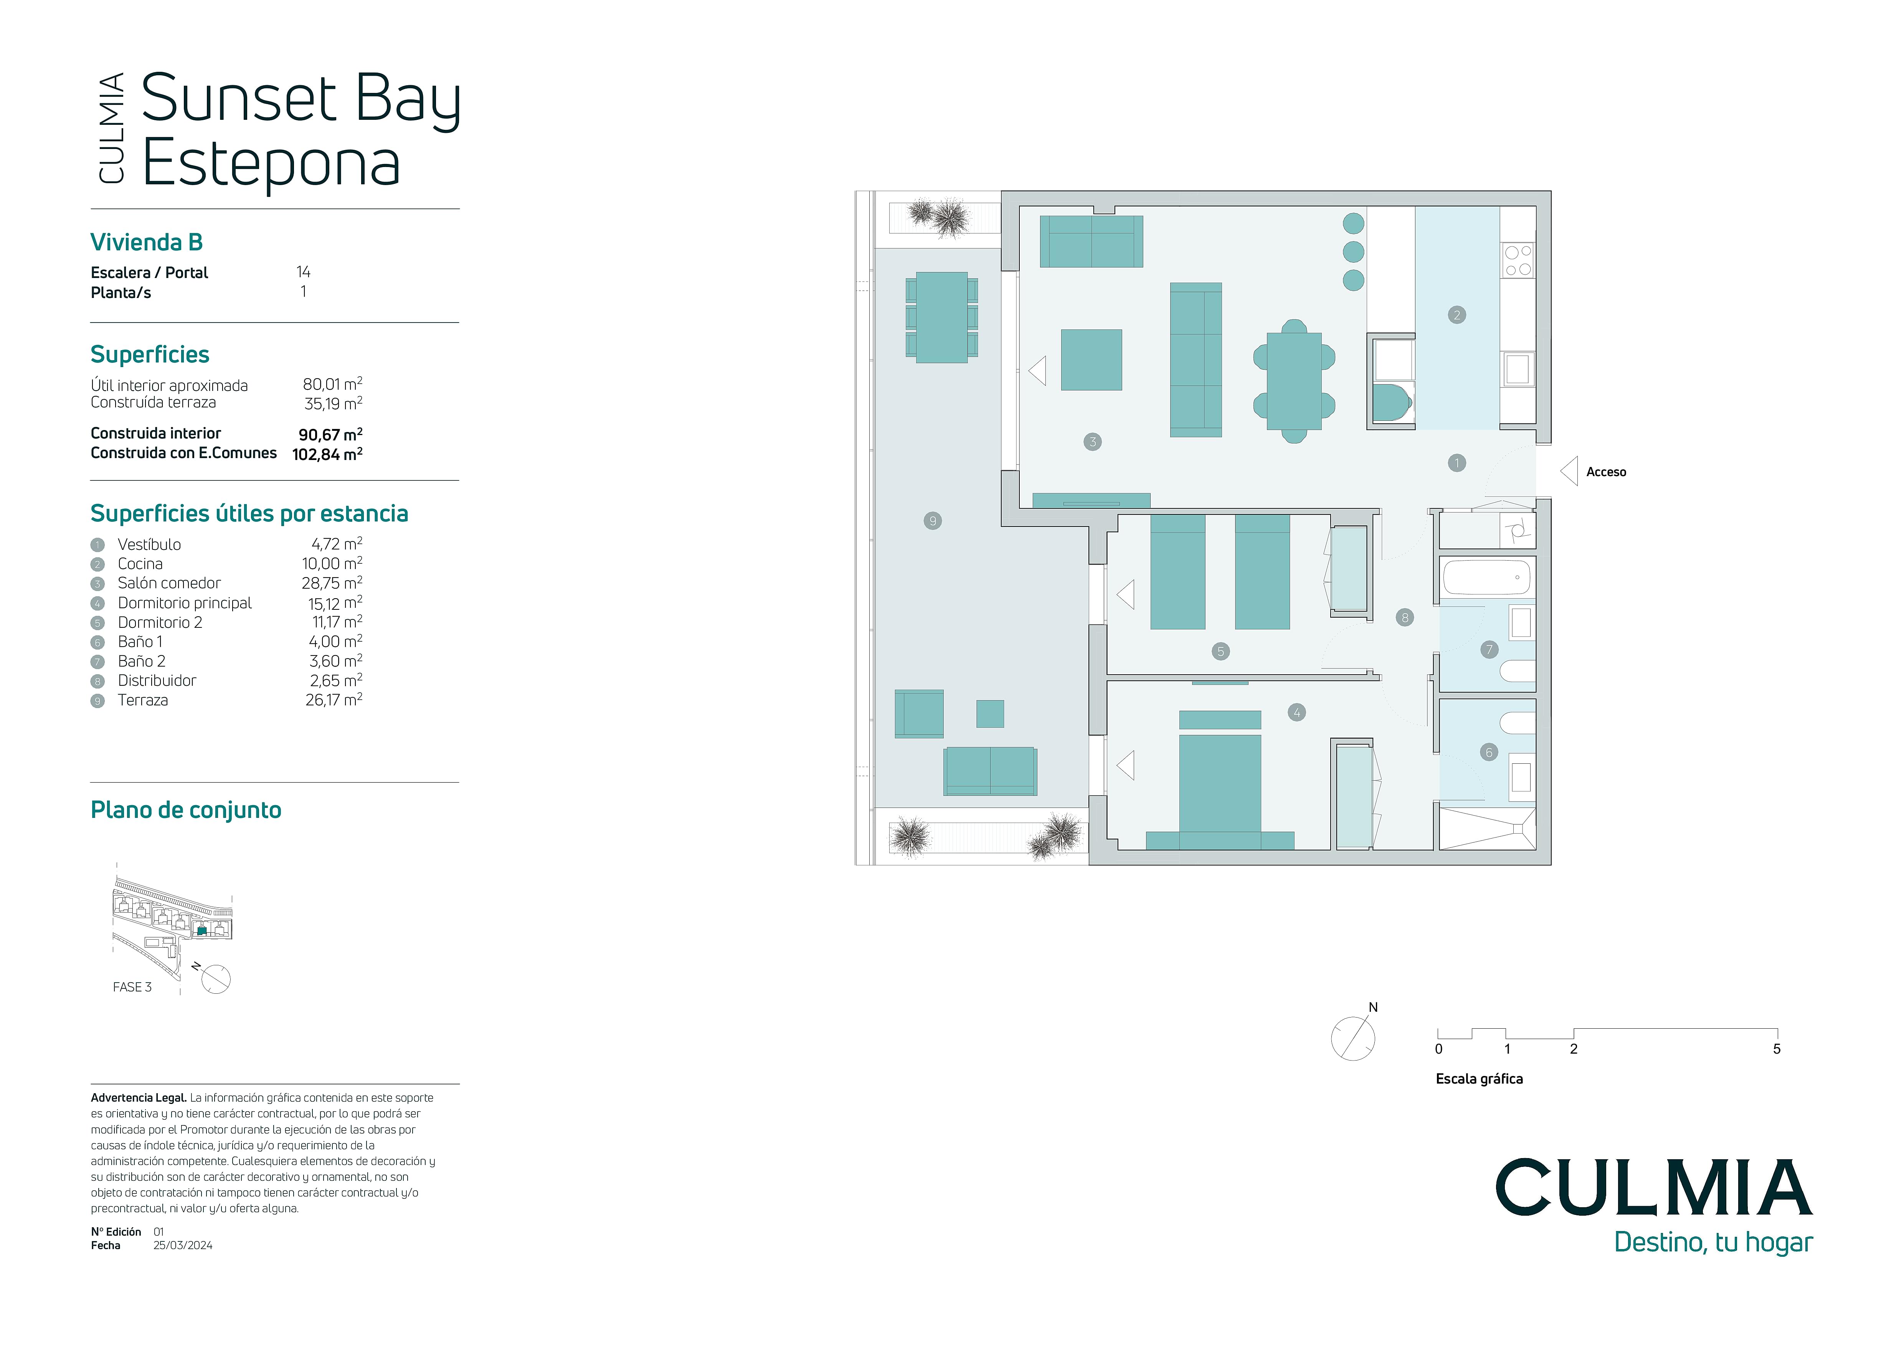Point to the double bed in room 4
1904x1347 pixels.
pos(1220,779)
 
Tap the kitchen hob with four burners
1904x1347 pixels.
pos(1518,260)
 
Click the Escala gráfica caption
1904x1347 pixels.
pos(1479,1079)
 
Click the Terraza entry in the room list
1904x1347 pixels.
pos(143,700)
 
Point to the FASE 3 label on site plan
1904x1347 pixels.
pos(132,987)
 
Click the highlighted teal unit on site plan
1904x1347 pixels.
pos(201,931)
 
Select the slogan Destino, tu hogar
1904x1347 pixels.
pos(1713,1243)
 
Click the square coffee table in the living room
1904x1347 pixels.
pos(1092,360)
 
